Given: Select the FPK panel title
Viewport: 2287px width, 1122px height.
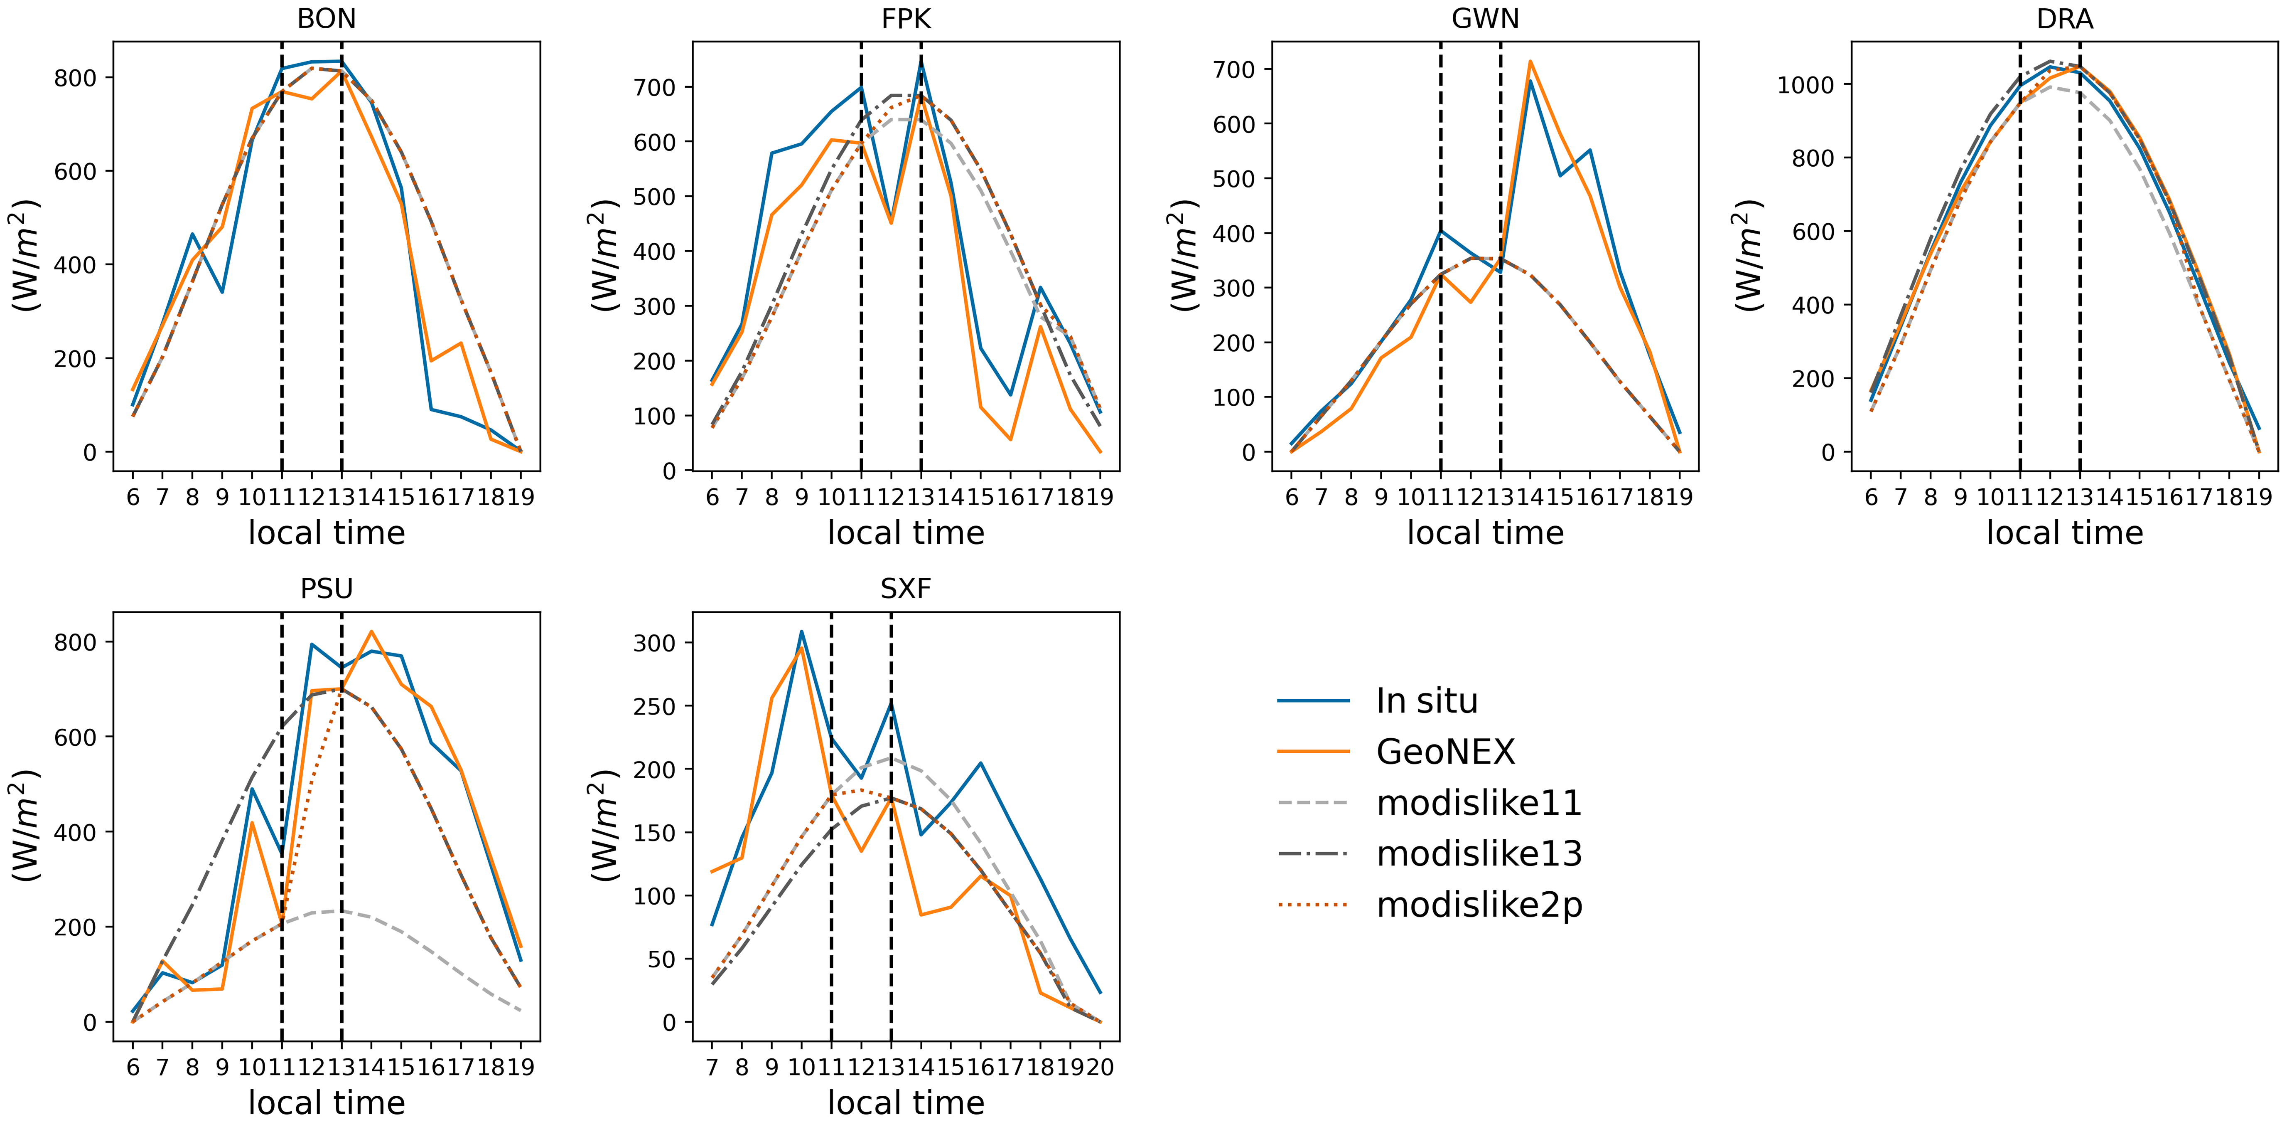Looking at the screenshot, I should pyautogui.click(x=906, y=19).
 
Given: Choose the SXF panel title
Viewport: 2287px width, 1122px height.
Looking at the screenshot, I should pyautogui.click(x=906, y=589).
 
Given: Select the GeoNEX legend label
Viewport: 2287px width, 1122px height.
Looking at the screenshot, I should pyautogui.click(x=1444, y=752).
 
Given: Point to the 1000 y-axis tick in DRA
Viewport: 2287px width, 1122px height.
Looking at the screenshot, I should pyautogui.click(x=1806, y=85).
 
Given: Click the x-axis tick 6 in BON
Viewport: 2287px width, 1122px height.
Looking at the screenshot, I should pyautogui.click(x=133, y=497).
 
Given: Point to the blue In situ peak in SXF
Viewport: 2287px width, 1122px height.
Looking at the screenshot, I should pyautogui.click(x=802, y=631).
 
